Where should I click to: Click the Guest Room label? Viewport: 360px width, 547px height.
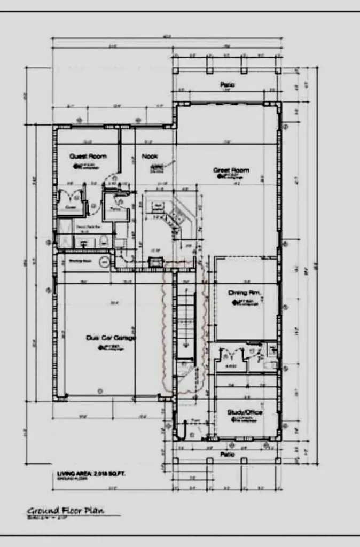coord(88,157)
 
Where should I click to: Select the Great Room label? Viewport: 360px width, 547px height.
coord(231,170)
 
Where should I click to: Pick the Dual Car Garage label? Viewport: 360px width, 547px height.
coord(111,338)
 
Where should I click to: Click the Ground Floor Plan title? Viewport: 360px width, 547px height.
coord(66,511)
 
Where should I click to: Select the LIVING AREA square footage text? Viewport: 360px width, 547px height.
coord(91,474)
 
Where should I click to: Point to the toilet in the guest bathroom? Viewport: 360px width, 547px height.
coord(104,241)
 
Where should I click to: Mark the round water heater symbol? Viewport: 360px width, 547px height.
coord(105,262)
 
